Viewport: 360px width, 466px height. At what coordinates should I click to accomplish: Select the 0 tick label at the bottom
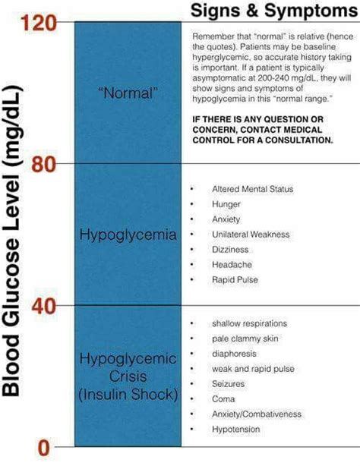[x=43, y=448]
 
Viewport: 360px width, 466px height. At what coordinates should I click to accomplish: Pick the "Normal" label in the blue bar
[x=128, y=93]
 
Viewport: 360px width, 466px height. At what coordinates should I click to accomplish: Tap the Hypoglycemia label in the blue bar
[x=128, y=235]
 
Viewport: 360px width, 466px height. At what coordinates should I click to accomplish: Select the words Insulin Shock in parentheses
[x=128, y=394]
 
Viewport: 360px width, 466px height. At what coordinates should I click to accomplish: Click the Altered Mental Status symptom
[x=252, y=189]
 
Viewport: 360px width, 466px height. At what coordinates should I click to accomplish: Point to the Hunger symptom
[x=226, y=204]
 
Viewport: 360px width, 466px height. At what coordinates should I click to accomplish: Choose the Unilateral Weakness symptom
[x=249, y=235]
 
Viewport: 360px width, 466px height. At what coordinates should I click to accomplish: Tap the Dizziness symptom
[x=229, y=250]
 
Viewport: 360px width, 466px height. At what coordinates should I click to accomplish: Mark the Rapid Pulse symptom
[x=235, y=280]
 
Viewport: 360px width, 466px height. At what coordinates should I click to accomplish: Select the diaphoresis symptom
[x=234, y=354]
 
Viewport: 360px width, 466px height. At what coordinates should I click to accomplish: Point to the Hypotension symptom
[x=235, y=430]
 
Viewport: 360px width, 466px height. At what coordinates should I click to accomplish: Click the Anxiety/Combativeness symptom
[x=257, y=414]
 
